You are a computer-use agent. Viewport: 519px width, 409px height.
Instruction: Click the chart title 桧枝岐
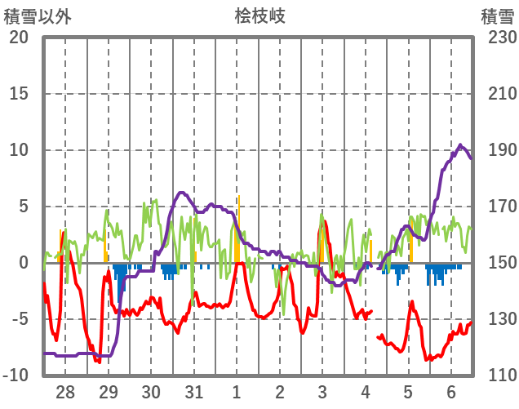coord(259,16)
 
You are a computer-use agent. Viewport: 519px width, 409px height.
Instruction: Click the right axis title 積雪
coord(497,16)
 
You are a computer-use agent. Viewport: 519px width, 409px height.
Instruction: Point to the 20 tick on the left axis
coord(19,38)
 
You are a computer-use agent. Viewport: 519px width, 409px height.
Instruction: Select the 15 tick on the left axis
coord(19,94)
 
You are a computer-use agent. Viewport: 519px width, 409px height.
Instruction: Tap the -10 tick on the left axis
coord(16,376)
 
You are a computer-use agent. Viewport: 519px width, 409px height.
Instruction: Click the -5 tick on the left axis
coord(19,319)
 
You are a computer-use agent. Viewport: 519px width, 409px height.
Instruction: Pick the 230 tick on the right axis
coord(497,38)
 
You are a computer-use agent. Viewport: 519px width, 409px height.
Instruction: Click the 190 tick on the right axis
coord(497,150)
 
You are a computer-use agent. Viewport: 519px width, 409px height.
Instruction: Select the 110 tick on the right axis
coord(497,376)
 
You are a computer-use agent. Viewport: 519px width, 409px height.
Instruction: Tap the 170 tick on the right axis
coord(497,207)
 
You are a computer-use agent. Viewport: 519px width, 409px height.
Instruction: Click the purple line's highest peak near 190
coord(459,145)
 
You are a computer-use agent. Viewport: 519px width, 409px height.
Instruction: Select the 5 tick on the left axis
coord(23,207)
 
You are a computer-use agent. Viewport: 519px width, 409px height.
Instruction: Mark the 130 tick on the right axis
coord(497,319)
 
